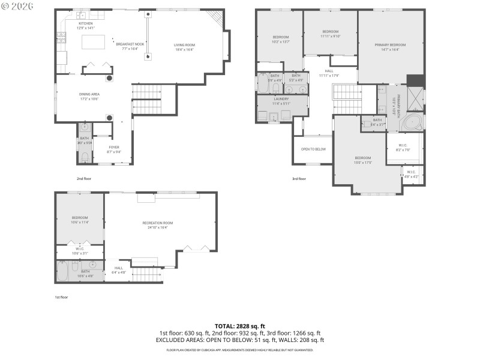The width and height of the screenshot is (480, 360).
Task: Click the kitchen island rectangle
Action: point(93,41)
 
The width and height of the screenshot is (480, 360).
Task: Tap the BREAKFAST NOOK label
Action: point(130,44)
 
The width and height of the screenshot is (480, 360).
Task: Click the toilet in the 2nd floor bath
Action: point(85,158)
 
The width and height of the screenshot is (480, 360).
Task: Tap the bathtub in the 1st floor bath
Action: point(65,273)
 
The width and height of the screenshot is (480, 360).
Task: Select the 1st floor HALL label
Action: point(119,268)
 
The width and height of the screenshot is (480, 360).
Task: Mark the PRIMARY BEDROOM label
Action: point(390,45)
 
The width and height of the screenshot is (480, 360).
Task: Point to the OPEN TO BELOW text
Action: point(313,149)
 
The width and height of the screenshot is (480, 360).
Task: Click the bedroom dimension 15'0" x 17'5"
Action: point(362,162)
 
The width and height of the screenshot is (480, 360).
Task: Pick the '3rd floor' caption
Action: point(299,178)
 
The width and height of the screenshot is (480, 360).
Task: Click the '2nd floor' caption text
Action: point(83,178)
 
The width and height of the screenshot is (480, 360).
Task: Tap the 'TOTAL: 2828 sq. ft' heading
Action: point(240,326)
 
